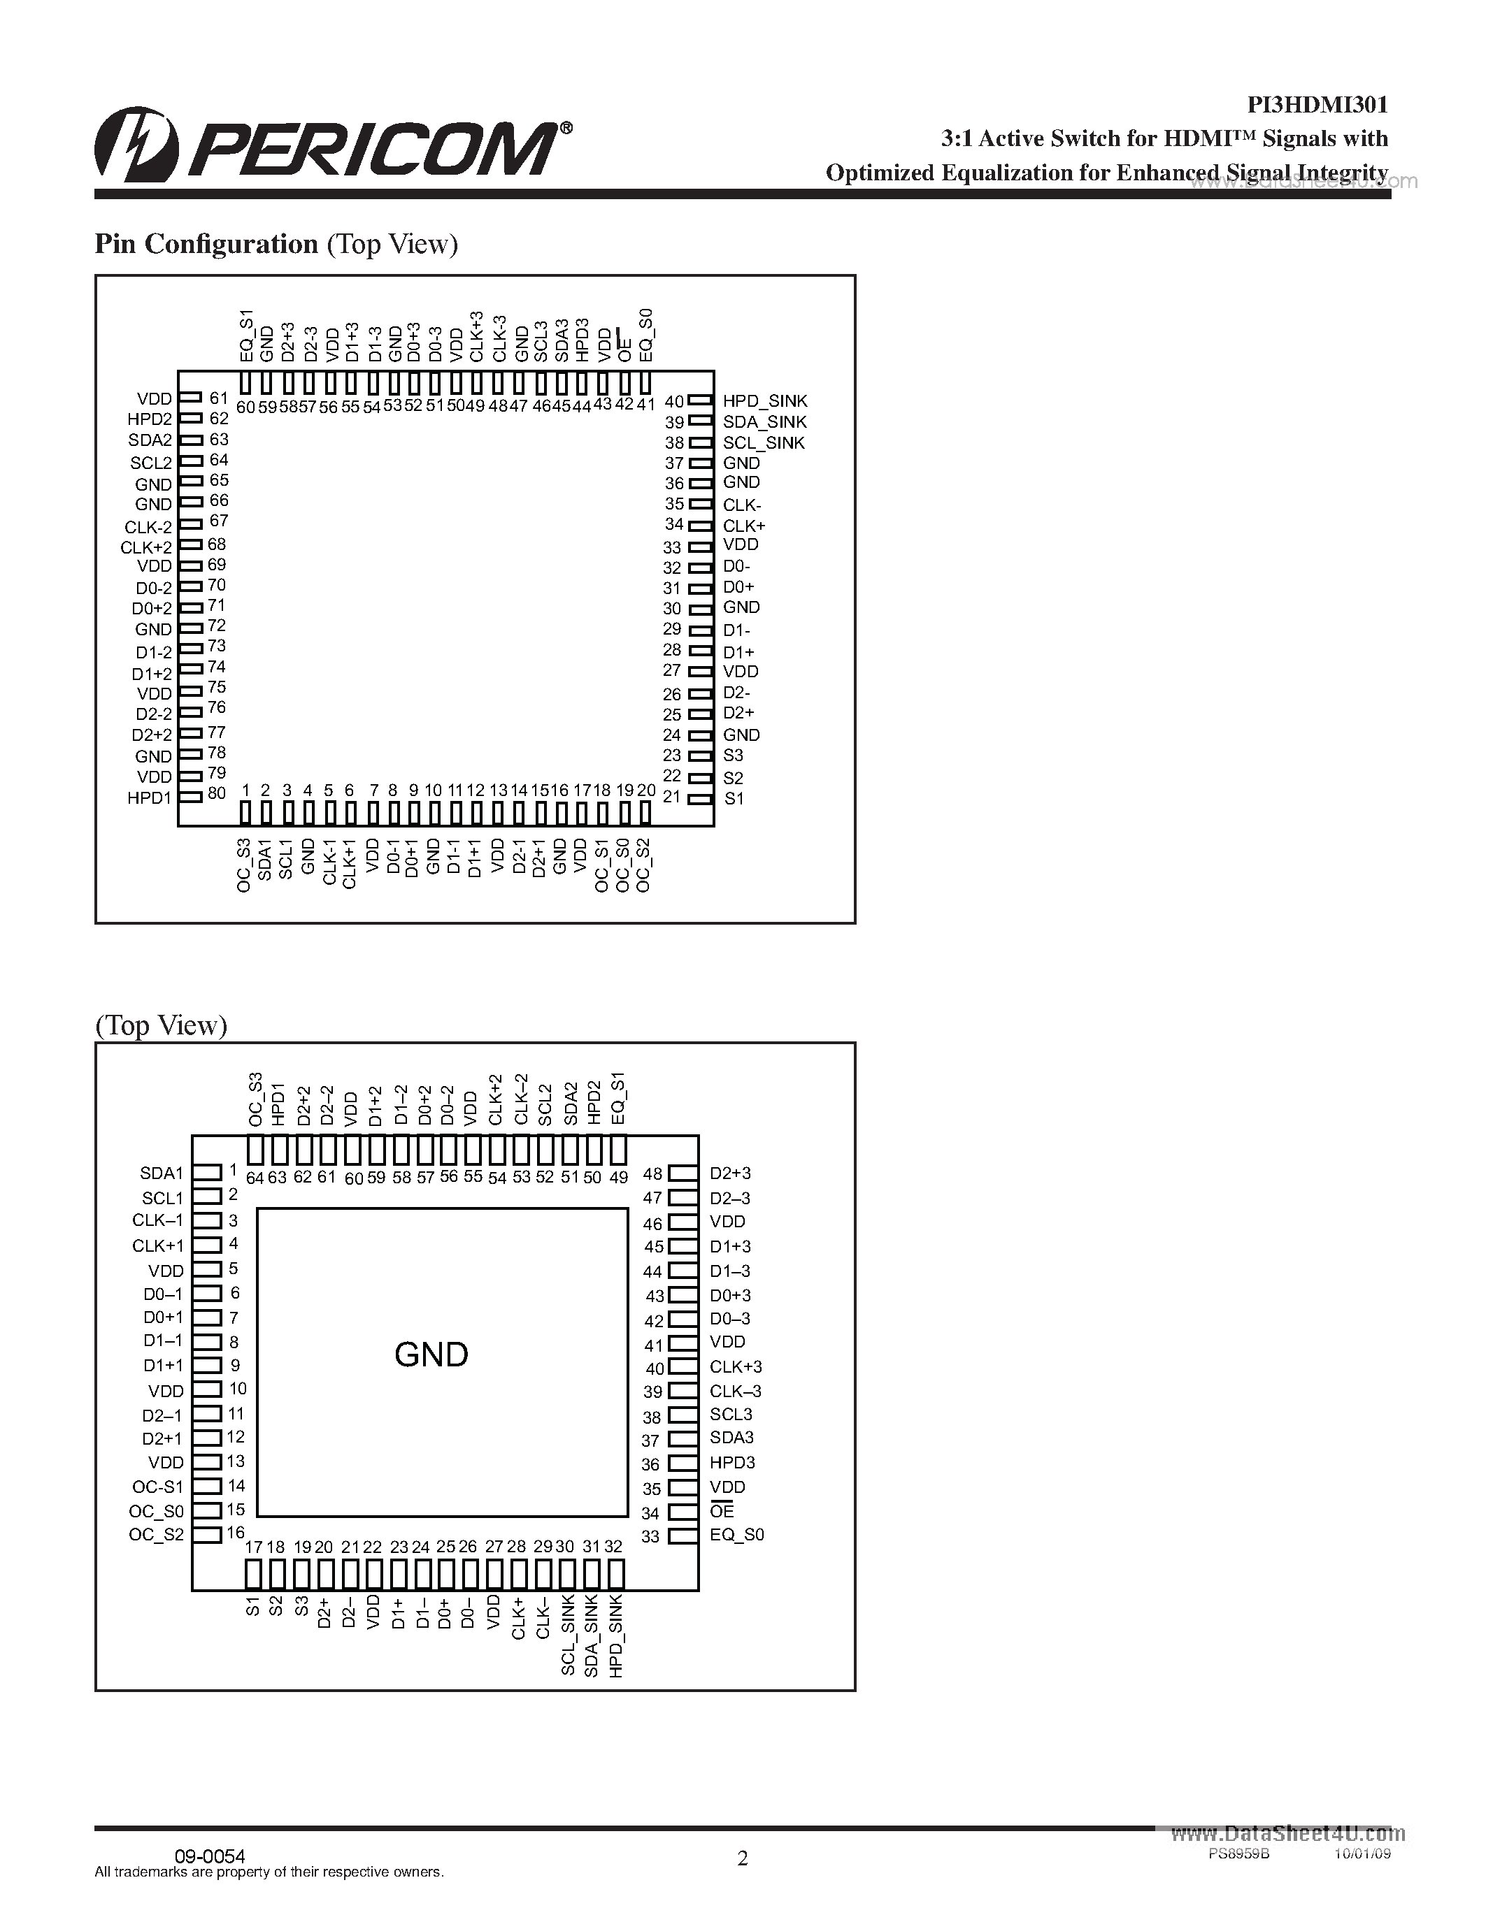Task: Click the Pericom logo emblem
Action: click(x=136, y=145)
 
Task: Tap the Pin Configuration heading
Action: click(x=206, y=244)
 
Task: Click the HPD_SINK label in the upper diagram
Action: click(x=764, y=401)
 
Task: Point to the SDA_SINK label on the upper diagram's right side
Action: click(x=764, y=422)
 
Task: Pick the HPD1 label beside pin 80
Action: click(x=149, y=798)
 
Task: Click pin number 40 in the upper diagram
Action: click(x=674, y=401)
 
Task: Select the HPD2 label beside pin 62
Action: click(x=149, y=420)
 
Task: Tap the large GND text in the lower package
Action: click(x=431, y=1354)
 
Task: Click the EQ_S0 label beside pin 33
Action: click(x=737, y=1535)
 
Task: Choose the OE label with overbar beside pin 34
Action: click(x=722, y=1511)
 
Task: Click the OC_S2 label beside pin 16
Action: click(x=156, y=1535)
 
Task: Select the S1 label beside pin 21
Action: click(x=734, y=799)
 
